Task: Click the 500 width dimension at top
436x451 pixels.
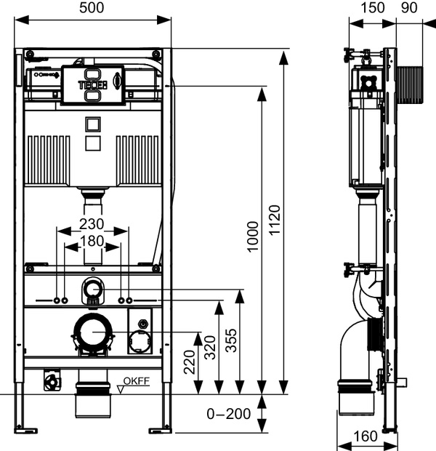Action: click(x=92, y=8)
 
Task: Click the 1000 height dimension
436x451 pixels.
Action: click(x=251, y=237)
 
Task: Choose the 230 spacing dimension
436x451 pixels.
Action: click(x=92, y=223)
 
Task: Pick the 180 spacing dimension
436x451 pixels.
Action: click(x=92, y=240)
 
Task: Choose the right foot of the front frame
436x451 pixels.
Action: click(x=160, y=430)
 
